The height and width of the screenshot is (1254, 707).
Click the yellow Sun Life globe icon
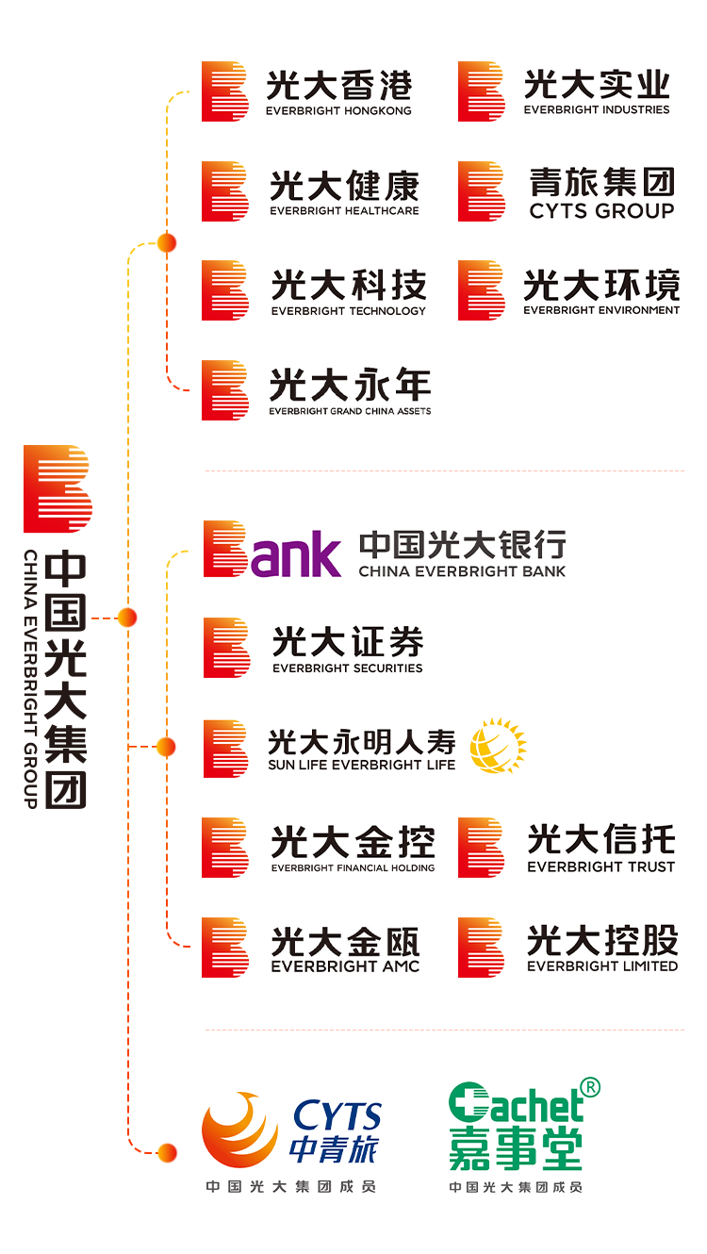click(498, 746)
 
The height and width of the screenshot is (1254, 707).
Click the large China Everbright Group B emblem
click(57, 488)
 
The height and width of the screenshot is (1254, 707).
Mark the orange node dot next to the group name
click(127, 618)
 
